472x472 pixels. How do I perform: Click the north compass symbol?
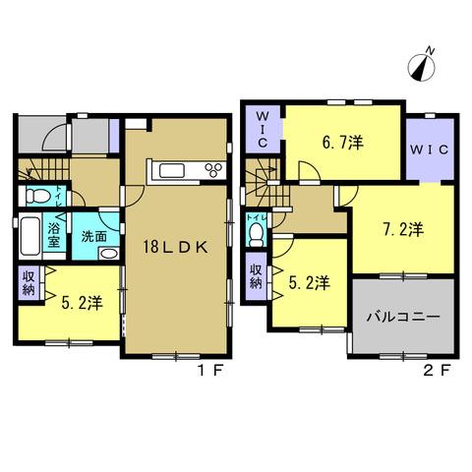click(422, 66)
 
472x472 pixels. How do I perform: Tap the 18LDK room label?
click(176, 248)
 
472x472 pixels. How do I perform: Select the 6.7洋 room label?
click(343, 143)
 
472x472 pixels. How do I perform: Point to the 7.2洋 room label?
click(403, 229)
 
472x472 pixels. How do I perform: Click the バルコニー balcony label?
click(403, 317)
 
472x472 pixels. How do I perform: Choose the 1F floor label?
click(210, 371)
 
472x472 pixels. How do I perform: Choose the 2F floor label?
click(436, 371)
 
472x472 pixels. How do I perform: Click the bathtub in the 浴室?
click(30, 235)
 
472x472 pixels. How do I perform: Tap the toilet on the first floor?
click(37, 196)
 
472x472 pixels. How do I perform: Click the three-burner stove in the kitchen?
click(215, 170)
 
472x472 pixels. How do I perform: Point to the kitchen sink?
click(172, 171)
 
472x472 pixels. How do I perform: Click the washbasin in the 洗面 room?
click(109, 254)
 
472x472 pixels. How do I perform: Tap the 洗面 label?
click(94, 236)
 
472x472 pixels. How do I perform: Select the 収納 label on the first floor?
click(29, 283)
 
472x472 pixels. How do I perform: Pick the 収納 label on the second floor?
click(256, 276)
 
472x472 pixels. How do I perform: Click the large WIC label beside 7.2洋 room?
click(430, 149)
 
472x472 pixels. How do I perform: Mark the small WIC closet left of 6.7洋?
click(263, 129)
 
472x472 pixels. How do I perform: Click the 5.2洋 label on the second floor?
click(309, 282)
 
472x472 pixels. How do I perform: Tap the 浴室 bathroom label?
click(54, 235)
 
